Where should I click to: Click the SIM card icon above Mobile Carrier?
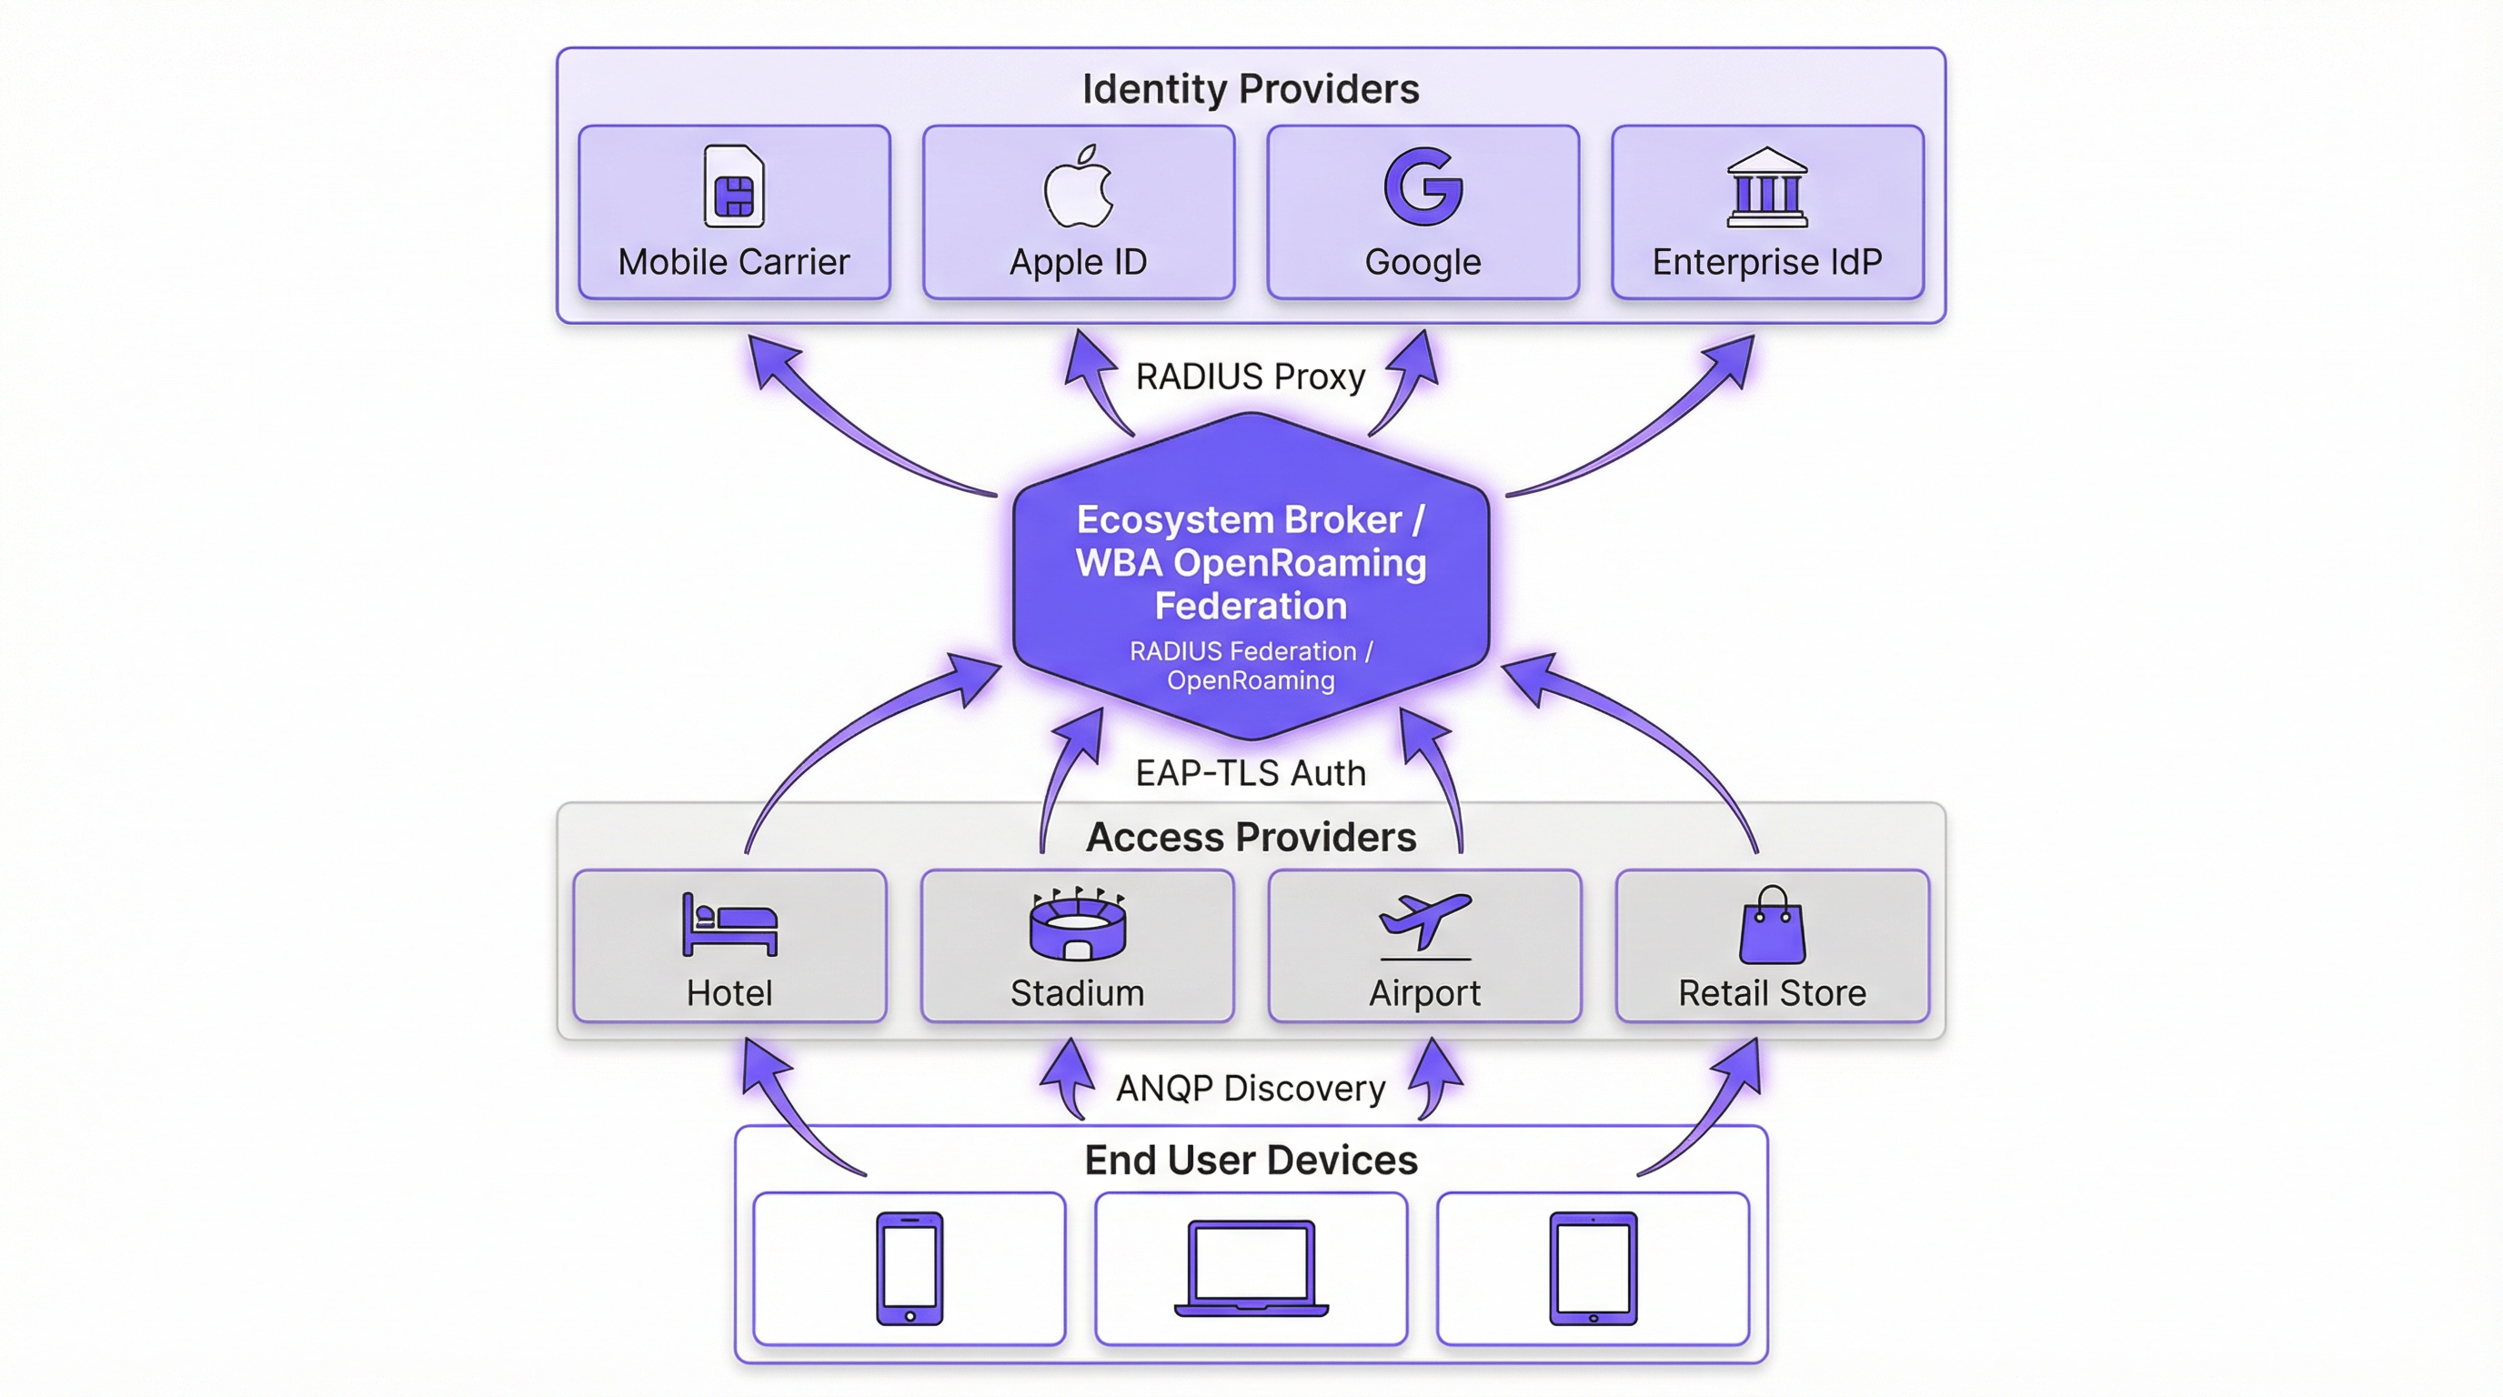pos(734,186)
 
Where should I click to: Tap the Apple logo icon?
pos(1078,186)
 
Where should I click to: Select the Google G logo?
pos(1422,186)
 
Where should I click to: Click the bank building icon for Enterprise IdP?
pos(1766,187)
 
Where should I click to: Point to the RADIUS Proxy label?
pos(1251,377)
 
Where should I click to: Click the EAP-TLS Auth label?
pos(1251,773)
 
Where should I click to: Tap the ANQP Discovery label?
pos(1251,1089)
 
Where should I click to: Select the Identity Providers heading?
pos(1251,89)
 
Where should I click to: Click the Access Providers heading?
pos(1251,838)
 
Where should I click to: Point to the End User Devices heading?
pos(1251,1161)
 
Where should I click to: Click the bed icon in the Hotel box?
pos(729,924)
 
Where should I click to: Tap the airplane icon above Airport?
pos(1425,924)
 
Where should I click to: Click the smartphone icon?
pos(910,1268)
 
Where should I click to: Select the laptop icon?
pos(1251,1269)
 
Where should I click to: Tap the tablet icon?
pos(1593,1268)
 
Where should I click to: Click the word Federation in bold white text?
pos(1251,607)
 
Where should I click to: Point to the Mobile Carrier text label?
pos(734,262)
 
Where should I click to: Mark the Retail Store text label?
pos(1773,994)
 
